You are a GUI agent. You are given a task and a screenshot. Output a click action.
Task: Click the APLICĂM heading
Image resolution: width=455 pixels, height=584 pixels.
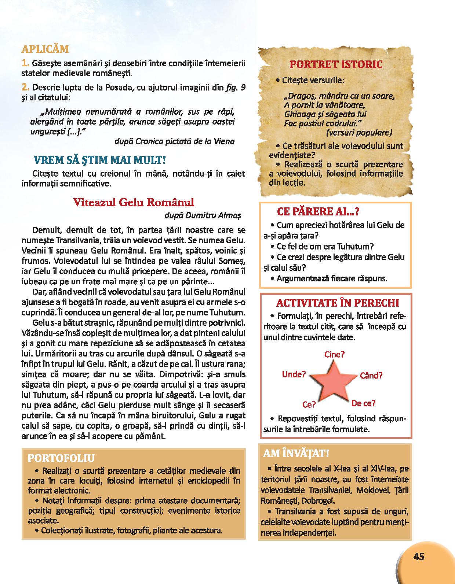[45, 49]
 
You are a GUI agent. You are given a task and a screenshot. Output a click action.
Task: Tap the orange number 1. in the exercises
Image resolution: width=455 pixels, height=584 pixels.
[25, 63]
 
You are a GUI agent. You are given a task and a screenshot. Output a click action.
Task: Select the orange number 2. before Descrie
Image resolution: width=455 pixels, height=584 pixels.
[25, 88]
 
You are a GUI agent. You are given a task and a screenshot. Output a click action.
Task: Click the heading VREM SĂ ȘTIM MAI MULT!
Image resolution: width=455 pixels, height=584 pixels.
[99, 160]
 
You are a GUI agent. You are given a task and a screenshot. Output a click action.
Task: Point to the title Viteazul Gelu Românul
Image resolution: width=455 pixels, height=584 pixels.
[134, 202]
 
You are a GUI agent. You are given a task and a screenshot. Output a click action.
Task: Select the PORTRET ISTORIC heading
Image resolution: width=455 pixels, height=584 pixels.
[336, 64]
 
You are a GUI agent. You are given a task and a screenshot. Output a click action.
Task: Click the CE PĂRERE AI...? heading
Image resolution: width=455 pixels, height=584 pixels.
[318, 211]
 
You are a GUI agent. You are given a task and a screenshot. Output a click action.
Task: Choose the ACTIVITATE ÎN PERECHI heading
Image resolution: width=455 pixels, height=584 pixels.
[337, 303]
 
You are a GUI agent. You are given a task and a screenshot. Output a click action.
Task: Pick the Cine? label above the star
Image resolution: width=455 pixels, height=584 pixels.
[334, 354]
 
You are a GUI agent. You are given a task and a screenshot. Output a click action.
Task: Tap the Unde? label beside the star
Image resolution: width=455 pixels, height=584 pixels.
[294, 374]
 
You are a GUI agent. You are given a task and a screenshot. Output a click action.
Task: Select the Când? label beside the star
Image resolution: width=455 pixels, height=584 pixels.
[371, 376]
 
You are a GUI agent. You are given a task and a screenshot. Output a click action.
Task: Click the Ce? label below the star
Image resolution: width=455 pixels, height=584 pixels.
[309, 404]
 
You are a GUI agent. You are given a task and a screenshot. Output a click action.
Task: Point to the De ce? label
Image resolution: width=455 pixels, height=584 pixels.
[363, 403]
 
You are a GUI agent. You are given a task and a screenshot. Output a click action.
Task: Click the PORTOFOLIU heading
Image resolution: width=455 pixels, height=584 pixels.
[61, 458]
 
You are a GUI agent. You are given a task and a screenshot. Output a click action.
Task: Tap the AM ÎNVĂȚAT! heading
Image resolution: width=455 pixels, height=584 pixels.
[296, 454]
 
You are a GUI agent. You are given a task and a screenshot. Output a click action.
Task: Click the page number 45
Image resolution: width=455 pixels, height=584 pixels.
[418, 557]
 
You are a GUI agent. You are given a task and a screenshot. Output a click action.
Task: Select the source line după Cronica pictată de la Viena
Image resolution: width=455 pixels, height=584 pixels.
[175, 141]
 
